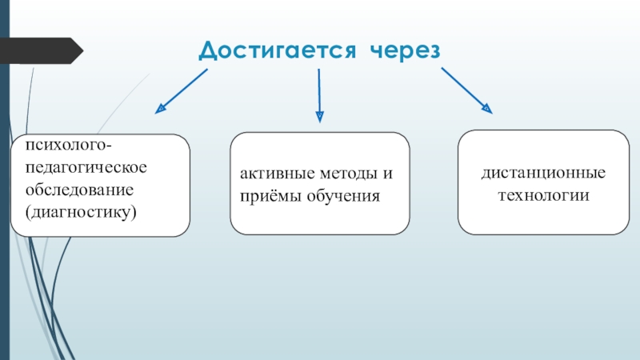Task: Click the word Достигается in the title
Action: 276,50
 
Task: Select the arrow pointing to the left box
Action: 182,90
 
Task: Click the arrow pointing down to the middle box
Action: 319,94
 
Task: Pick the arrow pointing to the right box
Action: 466,90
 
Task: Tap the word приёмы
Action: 268,195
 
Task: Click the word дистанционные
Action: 543,174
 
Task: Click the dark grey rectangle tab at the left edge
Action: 45,51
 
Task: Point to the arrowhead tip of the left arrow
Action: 157,110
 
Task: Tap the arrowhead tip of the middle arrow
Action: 319,121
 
